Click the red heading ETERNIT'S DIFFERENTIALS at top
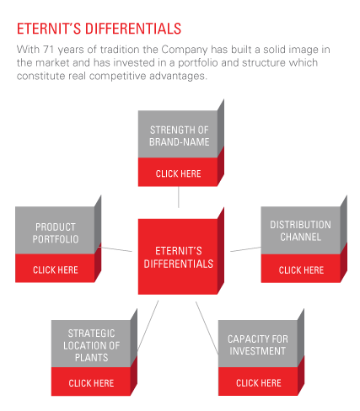pos(99,29)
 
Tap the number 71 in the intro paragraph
pos(48,50)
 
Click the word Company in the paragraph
pos(185,50)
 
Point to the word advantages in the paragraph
pos(178,76)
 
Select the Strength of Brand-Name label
pos(180,136)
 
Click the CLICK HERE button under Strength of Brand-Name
pos(178,173)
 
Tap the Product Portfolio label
pos(56,233)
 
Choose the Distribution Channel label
pos(300,231)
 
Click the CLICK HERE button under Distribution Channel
pos(301,270)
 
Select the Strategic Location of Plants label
pos(91,345)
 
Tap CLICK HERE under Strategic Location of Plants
pos(91,383)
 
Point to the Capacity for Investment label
pos(258,345)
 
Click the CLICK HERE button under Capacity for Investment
pos(259,383)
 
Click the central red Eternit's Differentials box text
pos(179,258)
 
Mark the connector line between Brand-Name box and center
pos(179,197)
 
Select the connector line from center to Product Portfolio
pos(115,249)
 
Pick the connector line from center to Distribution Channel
pos(245,249)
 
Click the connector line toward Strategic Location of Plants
pos(148,325)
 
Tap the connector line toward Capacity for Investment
pos(207,328)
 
